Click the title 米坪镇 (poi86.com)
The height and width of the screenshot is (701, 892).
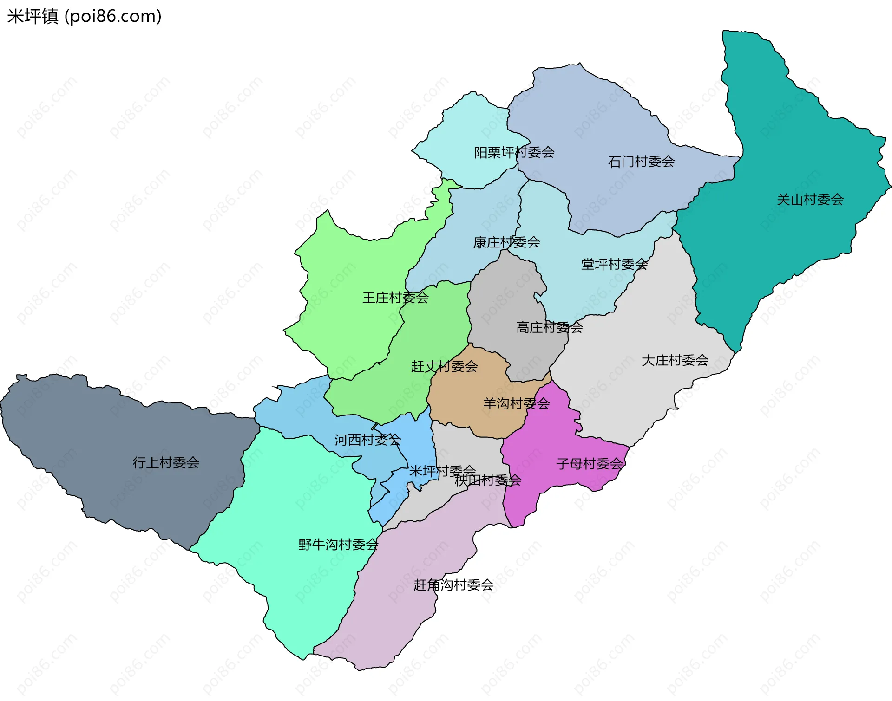point(84,16)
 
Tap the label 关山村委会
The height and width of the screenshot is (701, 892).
point(810,200)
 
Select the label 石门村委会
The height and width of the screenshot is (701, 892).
point(641,162)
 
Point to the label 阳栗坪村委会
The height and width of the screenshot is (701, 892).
point(514,152)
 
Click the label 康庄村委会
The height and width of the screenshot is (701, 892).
point(506,242)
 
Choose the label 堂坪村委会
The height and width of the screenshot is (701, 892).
point(614,264)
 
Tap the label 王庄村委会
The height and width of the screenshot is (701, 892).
point(395,298)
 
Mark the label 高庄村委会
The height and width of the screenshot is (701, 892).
point(549,328)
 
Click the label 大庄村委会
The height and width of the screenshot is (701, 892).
point(675,360)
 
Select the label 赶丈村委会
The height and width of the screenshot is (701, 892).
point(444,367)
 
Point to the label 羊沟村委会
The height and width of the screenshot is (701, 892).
point(516,403)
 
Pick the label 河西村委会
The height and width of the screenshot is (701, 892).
point(367,440)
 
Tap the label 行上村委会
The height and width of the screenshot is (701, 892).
point(166,462)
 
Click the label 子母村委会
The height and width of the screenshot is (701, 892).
point(589,463)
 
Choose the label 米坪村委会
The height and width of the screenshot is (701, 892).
point(442,471)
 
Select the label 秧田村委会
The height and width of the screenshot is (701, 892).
point(488,480)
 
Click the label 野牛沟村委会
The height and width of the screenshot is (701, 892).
point(338,545)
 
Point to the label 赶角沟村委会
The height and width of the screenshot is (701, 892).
point(453,585)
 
